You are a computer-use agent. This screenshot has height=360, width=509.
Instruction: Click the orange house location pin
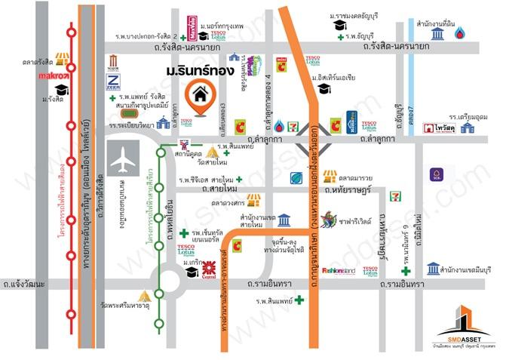200,98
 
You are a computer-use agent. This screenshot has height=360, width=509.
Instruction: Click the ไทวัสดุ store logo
436,128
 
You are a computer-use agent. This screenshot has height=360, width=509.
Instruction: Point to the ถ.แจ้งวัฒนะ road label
23,285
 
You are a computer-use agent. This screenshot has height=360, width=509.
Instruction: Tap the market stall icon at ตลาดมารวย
329,176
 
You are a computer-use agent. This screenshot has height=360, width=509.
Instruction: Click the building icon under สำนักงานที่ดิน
437,34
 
